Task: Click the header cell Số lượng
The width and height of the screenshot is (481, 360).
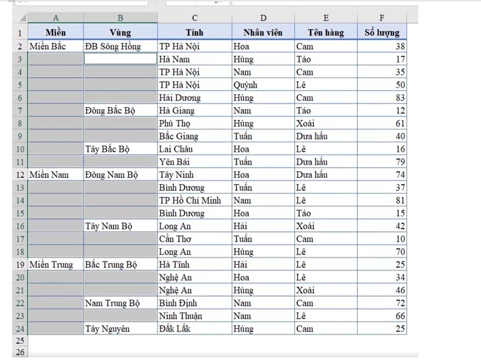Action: point(382,32)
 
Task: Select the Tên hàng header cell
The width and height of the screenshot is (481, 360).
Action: point(327,32)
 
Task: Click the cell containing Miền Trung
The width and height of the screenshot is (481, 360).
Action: point(55,264)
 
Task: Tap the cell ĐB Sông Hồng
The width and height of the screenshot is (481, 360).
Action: point(120,47)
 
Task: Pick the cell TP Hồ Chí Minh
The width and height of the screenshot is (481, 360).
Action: point(194,200)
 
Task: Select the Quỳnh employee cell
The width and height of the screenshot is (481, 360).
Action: point(262,85)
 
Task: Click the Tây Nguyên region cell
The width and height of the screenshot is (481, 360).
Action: point(120,328)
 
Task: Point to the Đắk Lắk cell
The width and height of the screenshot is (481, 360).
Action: point(194,328)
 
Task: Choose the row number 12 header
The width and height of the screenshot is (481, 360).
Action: point(20,175)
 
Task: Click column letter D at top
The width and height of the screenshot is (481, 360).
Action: point(262,18)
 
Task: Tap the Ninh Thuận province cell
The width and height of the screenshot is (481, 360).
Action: point(194,316)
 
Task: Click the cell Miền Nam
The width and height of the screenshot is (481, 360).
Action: point(55,175)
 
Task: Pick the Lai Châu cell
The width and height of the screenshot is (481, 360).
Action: point(194,149)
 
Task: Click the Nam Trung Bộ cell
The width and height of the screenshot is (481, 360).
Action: point(120,303)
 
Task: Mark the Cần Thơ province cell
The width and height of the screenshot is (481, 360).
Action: point(194,239)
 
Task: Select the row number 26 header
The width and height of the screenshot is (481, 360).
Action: point(20,352)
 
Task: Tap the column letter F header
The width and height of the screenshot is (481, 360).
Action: point(382,18)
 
